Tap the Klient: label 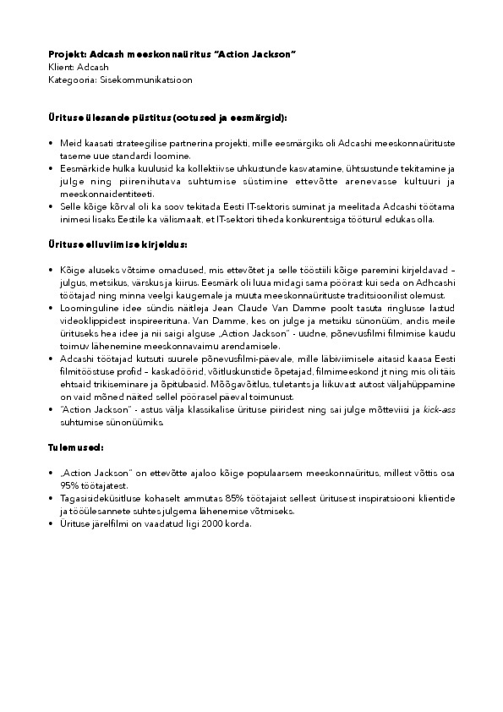62,65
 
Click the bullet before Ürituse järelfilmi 52,523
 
